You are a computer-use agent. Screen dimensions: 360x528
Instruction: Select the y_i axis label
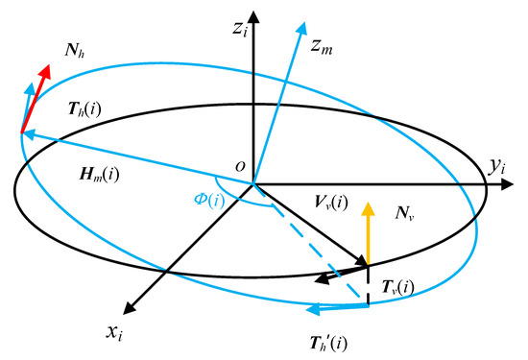tap(497, 169)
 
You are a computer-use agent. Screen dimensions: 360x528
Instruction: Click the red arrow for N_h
tap(36, 89)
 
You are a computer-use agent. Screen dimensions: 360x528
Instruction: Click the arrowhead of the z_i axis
tap(252, 17)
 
